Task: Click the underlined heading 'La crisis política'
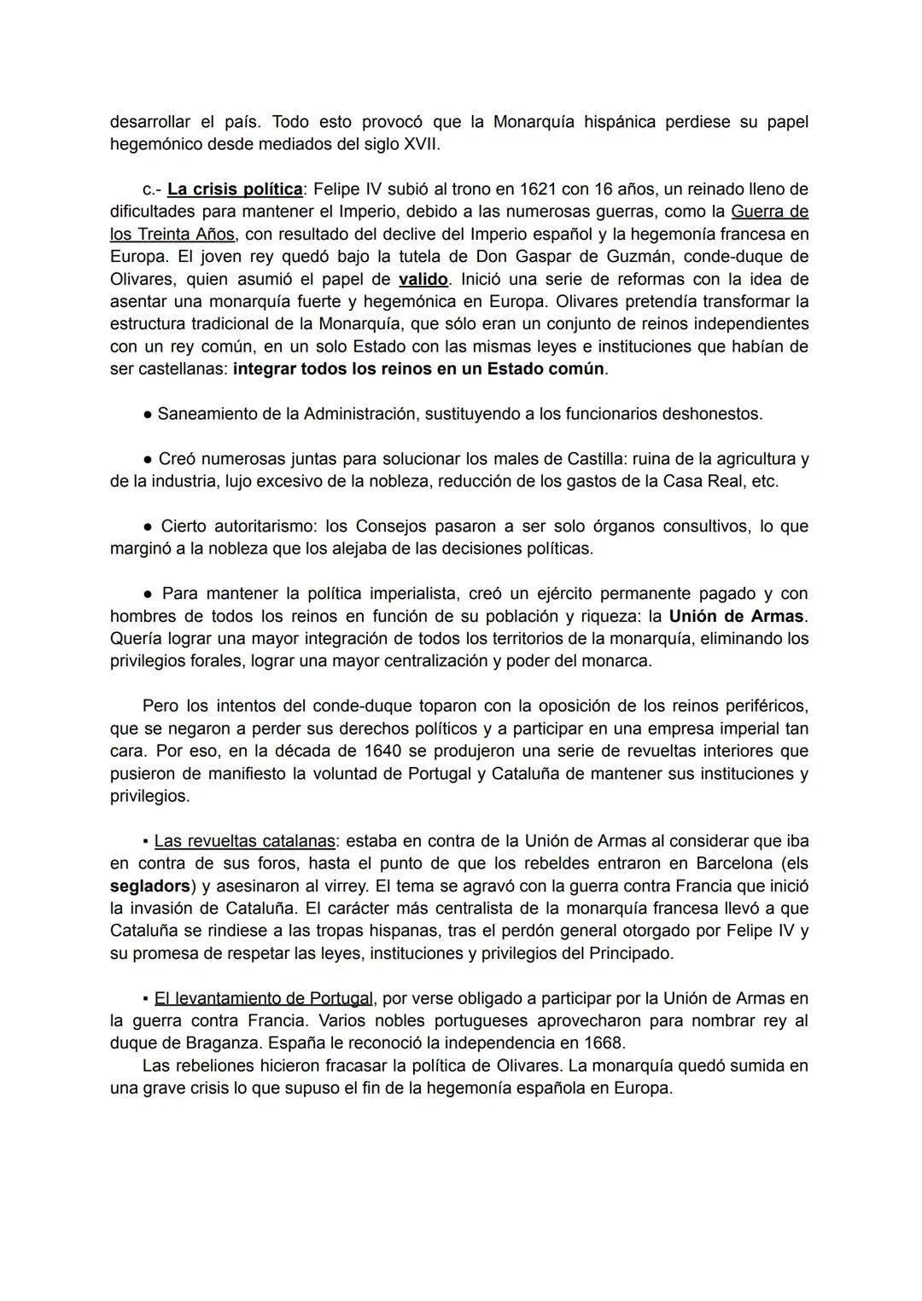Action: [x=235, y=189]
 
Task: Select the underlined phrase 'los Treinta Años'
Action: [x=172, y=234]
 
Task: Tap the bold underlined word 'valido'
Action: [x=423, y=279]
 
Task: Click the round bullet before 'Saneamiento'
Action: [x=148, y=415]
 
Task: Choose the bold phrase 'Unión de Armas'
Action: [x=736, y=616]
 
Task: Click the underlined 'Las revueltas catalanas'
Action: [x=244, y=841]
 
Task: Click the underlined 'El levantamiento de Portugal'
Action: [x=263, y=998]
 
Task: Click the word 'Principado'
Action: [x=631, y=954]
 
